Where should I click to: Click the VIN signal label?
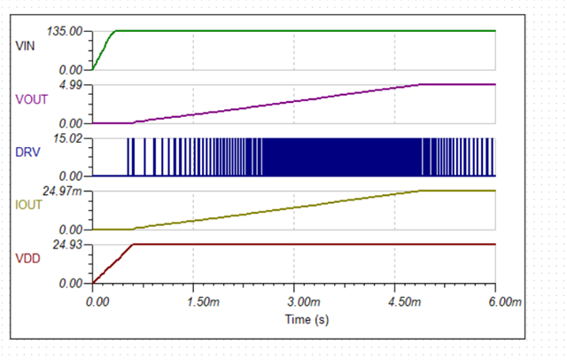[x=26, y=44]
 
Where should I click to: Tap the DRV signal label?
[x=27, y=153]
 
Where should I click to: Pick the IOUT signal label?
[x=29, y=206]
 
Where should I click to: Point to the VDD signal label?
[x=27, y=259]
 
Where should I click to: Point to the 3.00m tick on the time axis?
[x=295, y=301]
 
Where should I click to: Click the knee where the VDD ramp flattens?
[x=133, y=244]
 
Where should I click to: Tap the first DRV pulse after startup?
[x=128, y=157]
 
